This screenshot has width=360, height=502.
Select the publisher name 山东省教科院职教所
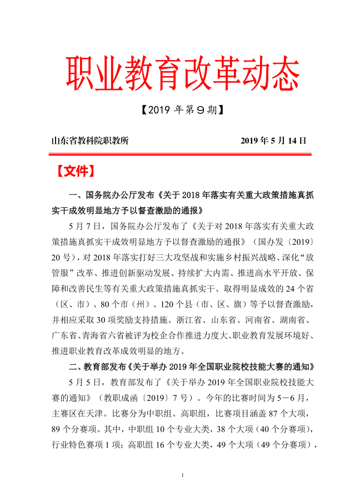click(x=90, y=141)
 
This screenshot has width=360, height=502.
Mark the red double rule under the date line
click(x=180, y=153)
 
